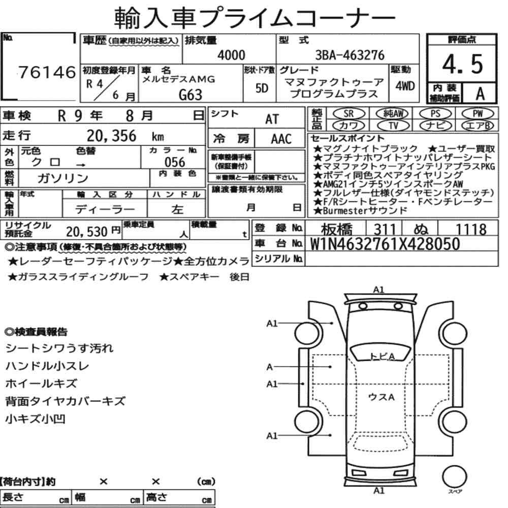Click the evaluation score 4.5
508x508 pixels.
(x=462, y=64)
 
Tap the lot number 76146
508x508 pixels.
(x=47, y=72)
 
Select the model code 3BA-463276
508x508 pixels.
(x=350, y=55)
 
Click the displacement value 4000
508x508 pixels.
(x=231, y=55)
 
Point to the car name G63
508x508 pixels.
(x=190, y=95)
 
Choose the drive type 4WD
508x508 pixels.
(x=405, y=86)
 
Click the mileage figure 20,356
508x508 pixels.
(x=111, y=136)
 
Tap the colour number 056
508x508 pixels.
(x=175, y=162)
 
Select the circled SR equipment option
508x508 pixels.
(x=348, y=114)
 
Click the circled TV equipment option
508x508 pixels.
(x=393, y=125)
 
